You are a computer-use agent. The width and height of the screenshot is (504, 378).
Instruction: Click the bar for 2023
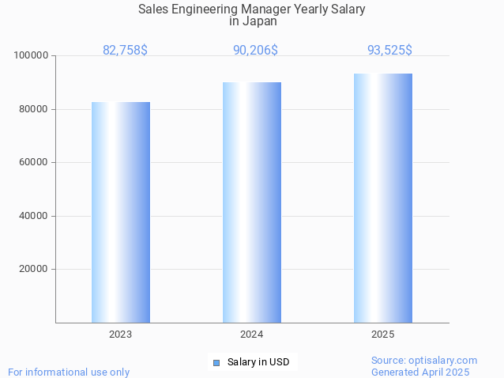click(121, 212)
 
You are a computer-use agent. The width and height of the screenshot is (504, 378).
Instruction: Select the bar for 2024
click(252, 202)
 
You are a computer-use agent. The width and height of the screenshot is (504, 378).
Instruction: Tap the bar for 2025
click(383, 198)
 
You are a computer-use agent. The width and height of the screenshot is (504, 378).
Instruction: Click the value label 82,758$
click(125, 51)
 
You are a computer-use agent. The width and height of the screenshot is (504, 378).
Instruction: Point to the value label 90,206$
click(255, 51)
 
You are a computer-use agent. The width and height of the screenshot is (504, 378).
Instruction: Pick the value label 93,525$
click(389, 51)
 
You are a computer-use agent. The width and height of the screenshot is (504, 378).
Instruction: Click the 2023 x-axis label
click(121, 335)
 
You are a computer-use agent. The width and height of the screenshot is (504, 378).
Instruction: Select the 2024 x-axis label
click(252, 335)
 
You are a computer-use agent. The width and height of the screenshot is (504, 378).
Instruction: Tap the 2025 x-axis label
click(383, 335)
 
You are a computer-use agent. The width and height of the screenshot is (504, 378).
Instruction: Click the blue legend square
click(216, 363)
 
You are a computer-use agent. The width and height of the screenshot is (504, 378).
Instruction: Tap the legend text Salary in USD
click(258, 363)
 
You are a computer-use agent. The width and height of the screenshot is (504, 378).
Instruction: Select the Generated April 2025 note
click(420, 372)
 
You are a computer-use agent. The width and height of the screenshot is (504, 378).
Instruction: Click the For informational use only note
click(69, 372)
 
